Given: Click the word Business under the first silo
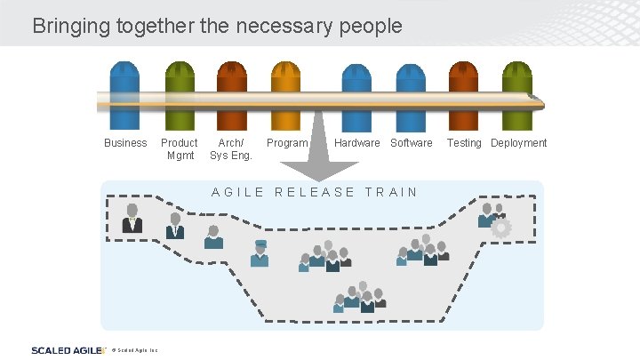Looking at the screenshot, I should (125, 143).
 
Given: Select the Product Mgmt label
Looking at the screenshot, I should (179, 149).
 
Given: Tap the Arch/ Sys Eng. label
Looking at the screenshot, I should (231, 149).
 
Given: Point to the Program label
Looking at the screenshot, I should (287, 143).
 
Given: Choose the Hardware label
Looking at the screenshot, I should (356, 143).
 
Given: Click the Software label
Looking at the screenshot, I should (412, 143).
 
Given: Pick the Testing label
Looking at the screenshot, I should (464, 143).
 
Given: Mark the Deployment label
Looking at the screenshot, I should (519, 143).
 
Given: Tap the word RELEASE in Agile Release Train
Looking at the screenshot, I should (315, 192).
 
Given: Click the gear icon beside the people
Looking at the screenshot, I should (501, 228).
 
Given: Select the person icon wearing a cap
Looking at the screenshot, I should (260, 253).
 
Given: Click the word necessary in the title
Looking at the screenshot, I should (289, 26).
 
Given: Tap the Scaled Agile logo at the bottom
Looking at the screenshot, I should (66, 350).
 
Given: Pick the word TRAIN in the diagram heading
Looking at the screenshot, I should (391, 192).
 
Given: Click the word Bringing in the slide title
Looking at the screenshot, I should (70, 26).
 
